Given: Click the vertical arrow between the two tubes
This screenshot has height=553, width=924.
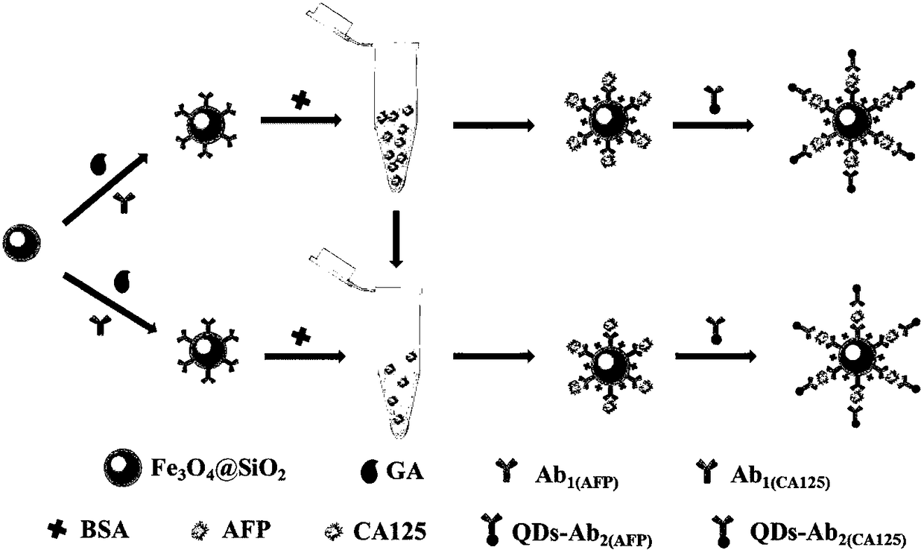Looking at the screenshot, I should pos(396,238).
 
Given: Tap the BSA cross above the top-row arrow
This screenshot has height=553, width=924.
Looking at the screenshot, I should pos(300,103).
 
